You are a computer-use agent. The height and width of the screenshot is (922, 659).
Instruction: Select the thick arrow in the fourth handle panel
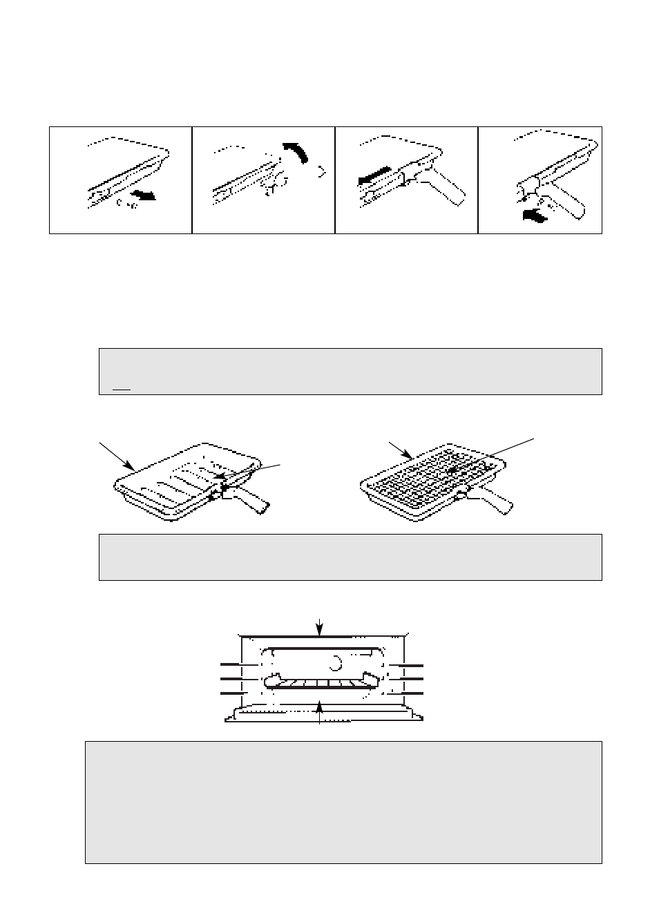536,215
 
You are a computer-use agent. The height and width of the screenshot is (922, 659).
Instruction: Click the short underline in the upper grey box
122,390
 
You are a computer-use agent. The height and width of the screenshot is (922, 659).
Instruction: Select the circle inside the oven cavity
336,662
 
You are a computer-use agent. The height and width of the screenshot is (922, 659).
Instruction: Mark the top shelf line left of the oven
233,664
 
